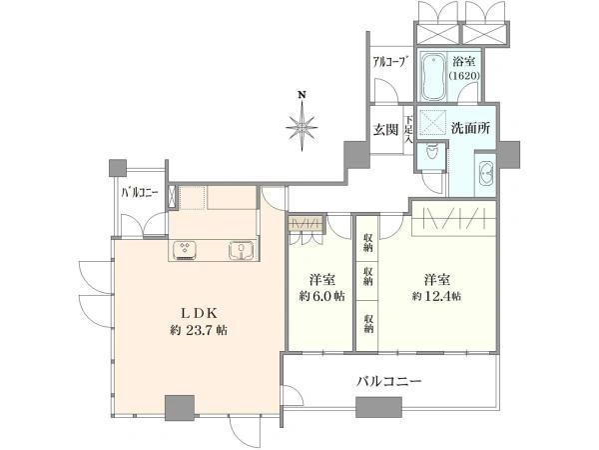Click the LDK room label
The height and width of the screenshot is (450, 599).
click(199, 313)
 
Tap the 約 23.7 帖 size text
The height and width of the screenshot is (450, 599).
click(199, 330)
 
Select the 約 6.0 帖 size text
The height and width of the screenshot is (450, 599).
click(322, 296)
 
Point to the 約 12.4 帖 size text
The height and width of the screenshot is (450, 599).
click(436, 296)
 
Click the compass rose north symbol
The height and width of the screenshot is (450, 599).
click(302, 122)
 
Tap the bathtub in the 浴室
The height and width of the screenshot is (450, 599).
click(433, 77)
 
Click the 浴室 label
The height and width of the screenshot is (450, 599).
click(464, 62)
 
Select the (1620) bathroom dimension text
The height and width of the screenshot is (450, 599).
click(464, 76)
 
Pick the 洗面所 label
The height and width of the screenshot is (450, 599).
click(470, 128)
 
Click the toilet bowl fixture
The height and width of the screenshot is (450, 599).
click(432, 152)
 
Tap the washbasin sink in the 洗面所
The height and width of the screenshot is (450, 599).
click(486, 173)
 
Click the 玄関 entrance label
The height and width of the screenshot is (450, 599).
click(385, 130)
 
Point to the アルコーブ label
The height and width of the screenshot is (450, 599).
click(390, 62)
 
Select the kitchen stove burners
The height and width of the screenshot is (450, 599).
click(185, 250)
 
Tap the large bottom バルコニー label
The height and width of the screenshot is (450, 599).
click(389, 381)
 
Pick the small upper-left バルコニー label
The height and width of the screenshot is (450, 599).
click(140, 192)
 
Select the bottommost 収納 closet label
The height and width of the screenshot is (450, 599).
click(368, 323)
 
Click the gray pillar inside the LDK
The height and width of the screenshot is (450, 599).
click(180, 408)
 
